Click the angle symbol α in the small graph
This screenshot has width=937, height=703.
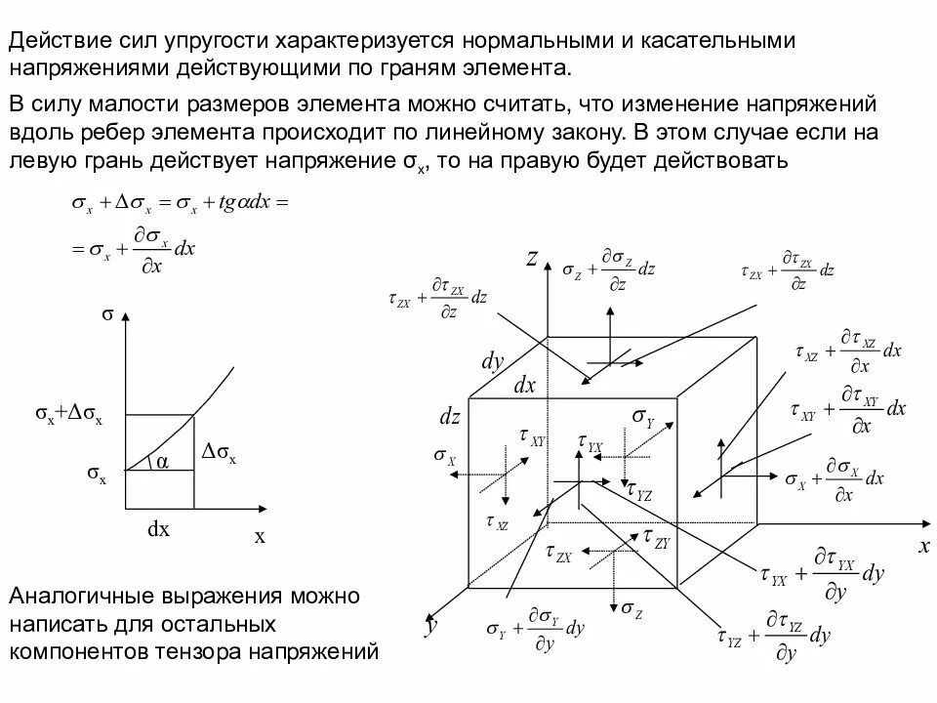[162, 462]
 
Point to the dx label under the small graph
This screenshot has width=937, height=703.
[158, 529]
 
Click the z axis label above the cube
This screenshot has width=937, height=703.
[533, 258]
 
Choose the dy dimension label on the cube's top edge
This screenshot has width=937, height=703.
[492, 361]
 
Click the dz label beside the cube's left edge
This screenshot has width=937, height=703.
[449, 417]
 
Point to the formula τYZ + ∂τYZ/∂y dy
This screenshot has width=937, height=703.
[777, 638]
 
